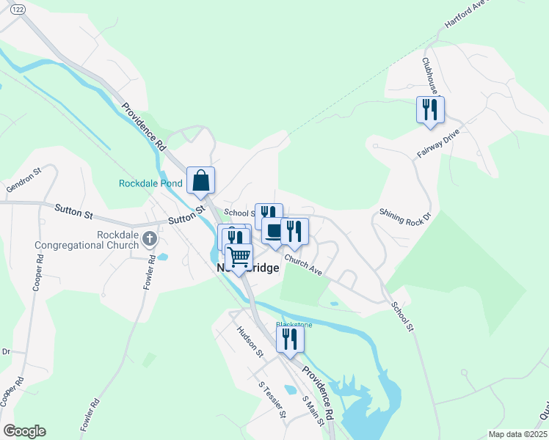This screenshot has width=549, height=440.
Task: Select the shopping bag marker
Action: (x=200, y=180)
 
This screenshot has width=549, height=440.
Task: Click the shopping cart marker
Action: (x=239, y=257)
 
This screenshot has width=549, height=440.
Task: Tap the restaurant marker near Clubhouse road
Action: (x=430, y=109)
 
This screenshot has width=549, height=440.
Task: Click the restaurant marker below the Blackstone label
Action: (x=290, y=339)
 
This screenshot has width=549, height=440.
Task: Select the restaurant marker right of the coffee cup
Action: (x=294, y=231)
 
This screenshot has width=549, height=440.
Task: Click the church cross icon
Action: (x=150, y=238)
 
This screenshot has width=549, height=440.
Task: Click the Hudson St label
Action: (x=250, y=341)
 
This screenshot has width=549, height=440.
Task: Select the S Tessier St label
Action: (x=271, y=399)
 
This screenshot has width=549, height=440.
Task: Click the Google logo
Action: (x=24, y=431)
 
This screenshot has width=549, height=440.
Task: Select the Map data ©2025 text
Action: (x=517, y=434)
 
